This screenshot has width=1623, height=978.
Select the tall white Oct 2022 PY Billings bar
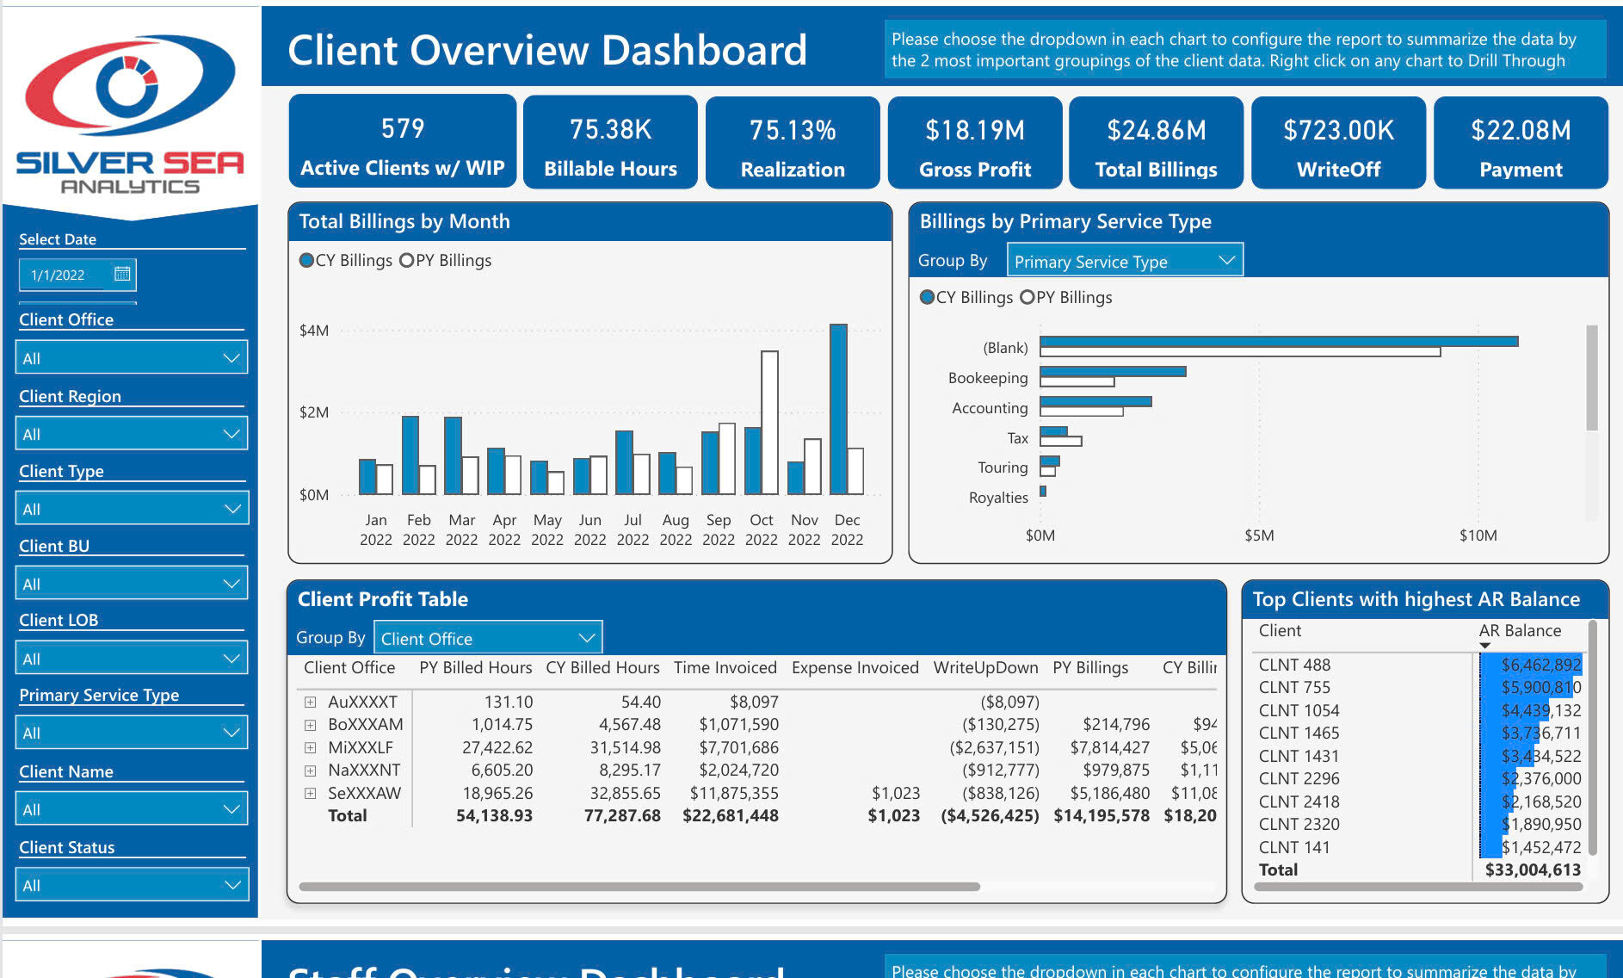point(769,422)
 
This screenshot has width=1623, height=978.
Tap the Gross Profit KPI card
point(974,143)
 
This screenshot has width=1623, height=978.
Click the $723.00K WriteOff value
point(1338,131)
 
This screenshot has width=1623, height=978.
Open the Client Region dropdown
point(132,434)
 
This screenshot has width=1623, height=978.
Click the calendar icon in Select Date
point(122,274)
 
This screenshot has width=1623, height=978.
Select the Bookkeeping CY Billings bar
point(1113,371)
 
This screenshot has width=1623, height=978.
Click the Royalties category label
point(998,498)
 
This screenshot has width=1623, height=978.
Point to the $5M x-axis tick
point(1259,535)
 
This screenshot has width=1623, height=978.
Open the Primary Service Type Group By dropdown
point(1124,261)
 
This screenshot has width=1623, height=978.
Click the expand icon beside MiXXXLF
point(310,747)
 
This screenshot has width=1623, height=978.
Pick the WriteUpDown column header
point(985,667)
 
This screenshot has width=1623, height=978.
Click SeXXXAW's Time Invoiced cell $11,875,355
point(734,793)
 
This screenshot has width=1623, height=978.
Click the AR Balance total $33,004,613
point(1533,870)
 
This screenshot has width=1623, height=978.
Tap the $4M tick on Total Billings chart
point(314,331)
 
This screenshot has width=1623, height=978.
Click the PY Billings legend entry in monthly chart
point(446,260)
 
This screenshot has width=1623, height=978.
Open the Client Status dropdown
point(132,885)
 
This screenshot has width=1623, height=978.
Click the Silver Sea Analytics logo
point(130,112)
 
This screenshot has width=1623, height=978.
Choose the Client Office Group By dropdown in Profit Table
point(488,639)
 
